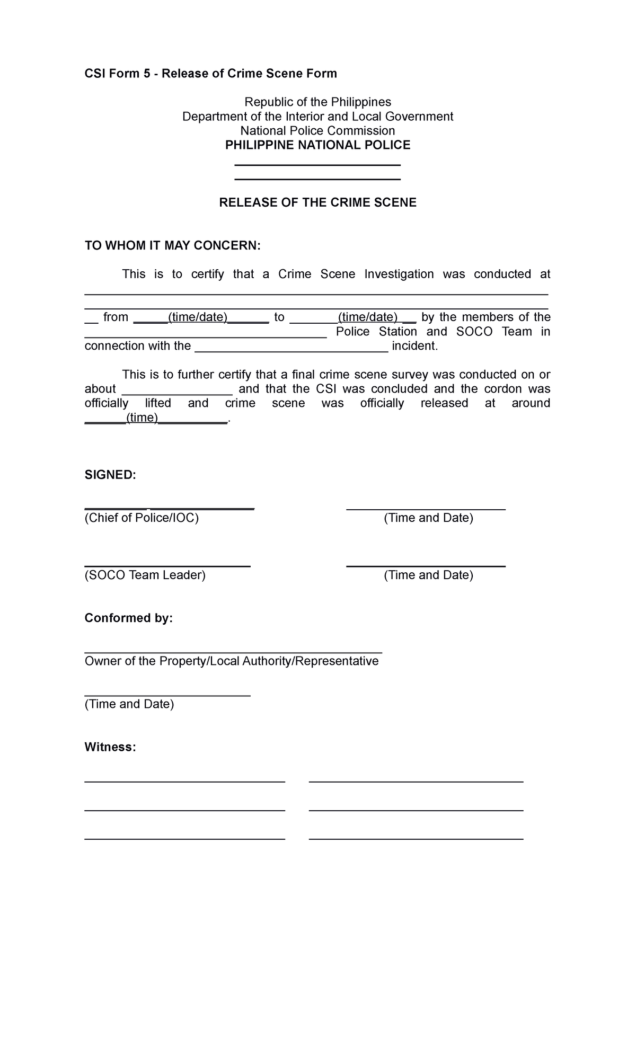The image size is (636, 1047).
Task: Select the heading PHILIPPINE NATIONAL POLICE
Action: pos(317,145)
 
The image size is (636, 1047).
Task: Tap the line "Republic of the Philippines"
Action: pos(317,102)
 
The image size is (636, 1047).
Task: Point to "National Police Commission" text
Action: pos(317,131)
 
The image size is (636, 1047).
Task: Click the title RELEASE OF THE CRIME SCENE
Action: pos(317,202)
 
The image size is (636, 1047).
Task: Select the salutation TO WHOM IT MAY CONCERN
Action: pos(173,246)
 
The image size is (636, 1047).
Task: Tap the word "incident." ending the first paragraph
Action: pos(415,346)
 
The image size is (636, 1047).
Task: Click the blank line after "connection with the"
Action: pos(291,348)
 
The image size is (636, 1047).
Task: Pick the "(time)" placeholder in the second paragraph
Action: pos(142,418)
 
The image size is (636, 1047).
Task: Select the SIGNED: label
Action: pos(110,475)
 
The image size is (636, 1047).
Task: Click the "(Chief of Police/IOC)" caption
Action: pos(142,518)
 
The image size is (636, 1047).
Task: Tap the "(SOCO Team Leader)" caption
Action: pos(145,575)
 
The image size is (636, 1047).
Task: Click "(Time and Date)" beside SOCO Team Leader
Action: pos(428,575)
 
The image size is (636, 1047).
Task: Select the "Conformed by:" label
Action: pos(129,618)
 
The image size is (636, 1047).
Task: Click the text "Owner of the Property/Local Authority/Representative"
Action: pos(232,661)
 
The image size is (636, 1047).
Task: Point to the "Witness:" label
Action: pos(110,747)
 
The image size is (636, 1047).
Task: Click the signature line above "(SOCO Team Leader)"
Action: pos(167,566)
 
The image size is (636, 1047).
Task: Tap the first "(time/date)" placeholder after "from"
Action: pos(197,317)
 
